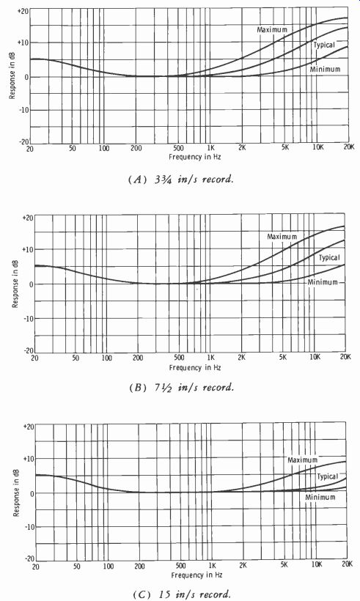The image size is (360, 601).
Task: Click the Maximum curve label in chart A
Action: coord(272,29)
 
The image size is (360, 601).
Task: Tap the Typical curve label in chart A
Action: coord(324,45)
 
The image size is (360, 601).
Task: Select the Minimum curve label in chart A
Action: coord(325,70)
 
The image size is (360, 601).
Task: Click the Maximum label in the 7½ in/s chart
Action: coord(282,237)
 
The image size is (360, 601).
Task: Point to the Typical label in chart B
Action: coord(329,257)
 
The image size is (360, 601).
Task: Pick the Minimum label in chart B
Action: coord(323,282)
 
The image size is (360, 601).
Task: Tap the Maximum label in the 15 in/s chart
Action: coord(303,460)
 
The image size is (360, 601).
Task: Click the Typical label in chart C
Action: coord(327,477)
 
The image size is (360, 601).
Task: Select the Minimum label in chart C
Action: coord(320,497)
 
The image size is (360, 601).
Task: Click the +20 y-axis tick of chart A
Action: coord(23,11)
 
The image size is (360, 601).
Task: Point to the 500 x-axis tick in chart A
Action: coord(179,148)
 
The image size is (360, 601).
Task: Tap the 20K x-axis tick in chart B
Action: coord(345,357)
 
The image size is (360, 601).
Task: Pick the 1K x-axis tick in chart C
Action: coord(212,565)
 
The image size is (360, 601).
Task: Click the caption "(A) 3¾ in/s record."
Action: coord(180,180)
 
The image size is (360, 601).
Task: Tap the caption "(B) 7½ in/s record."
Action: coord(182,387)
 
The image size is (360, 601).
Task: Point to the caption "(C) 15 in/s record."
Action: coord(182,594)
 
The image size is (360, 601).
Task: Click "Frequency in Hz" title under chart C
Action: coord(196,575)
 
